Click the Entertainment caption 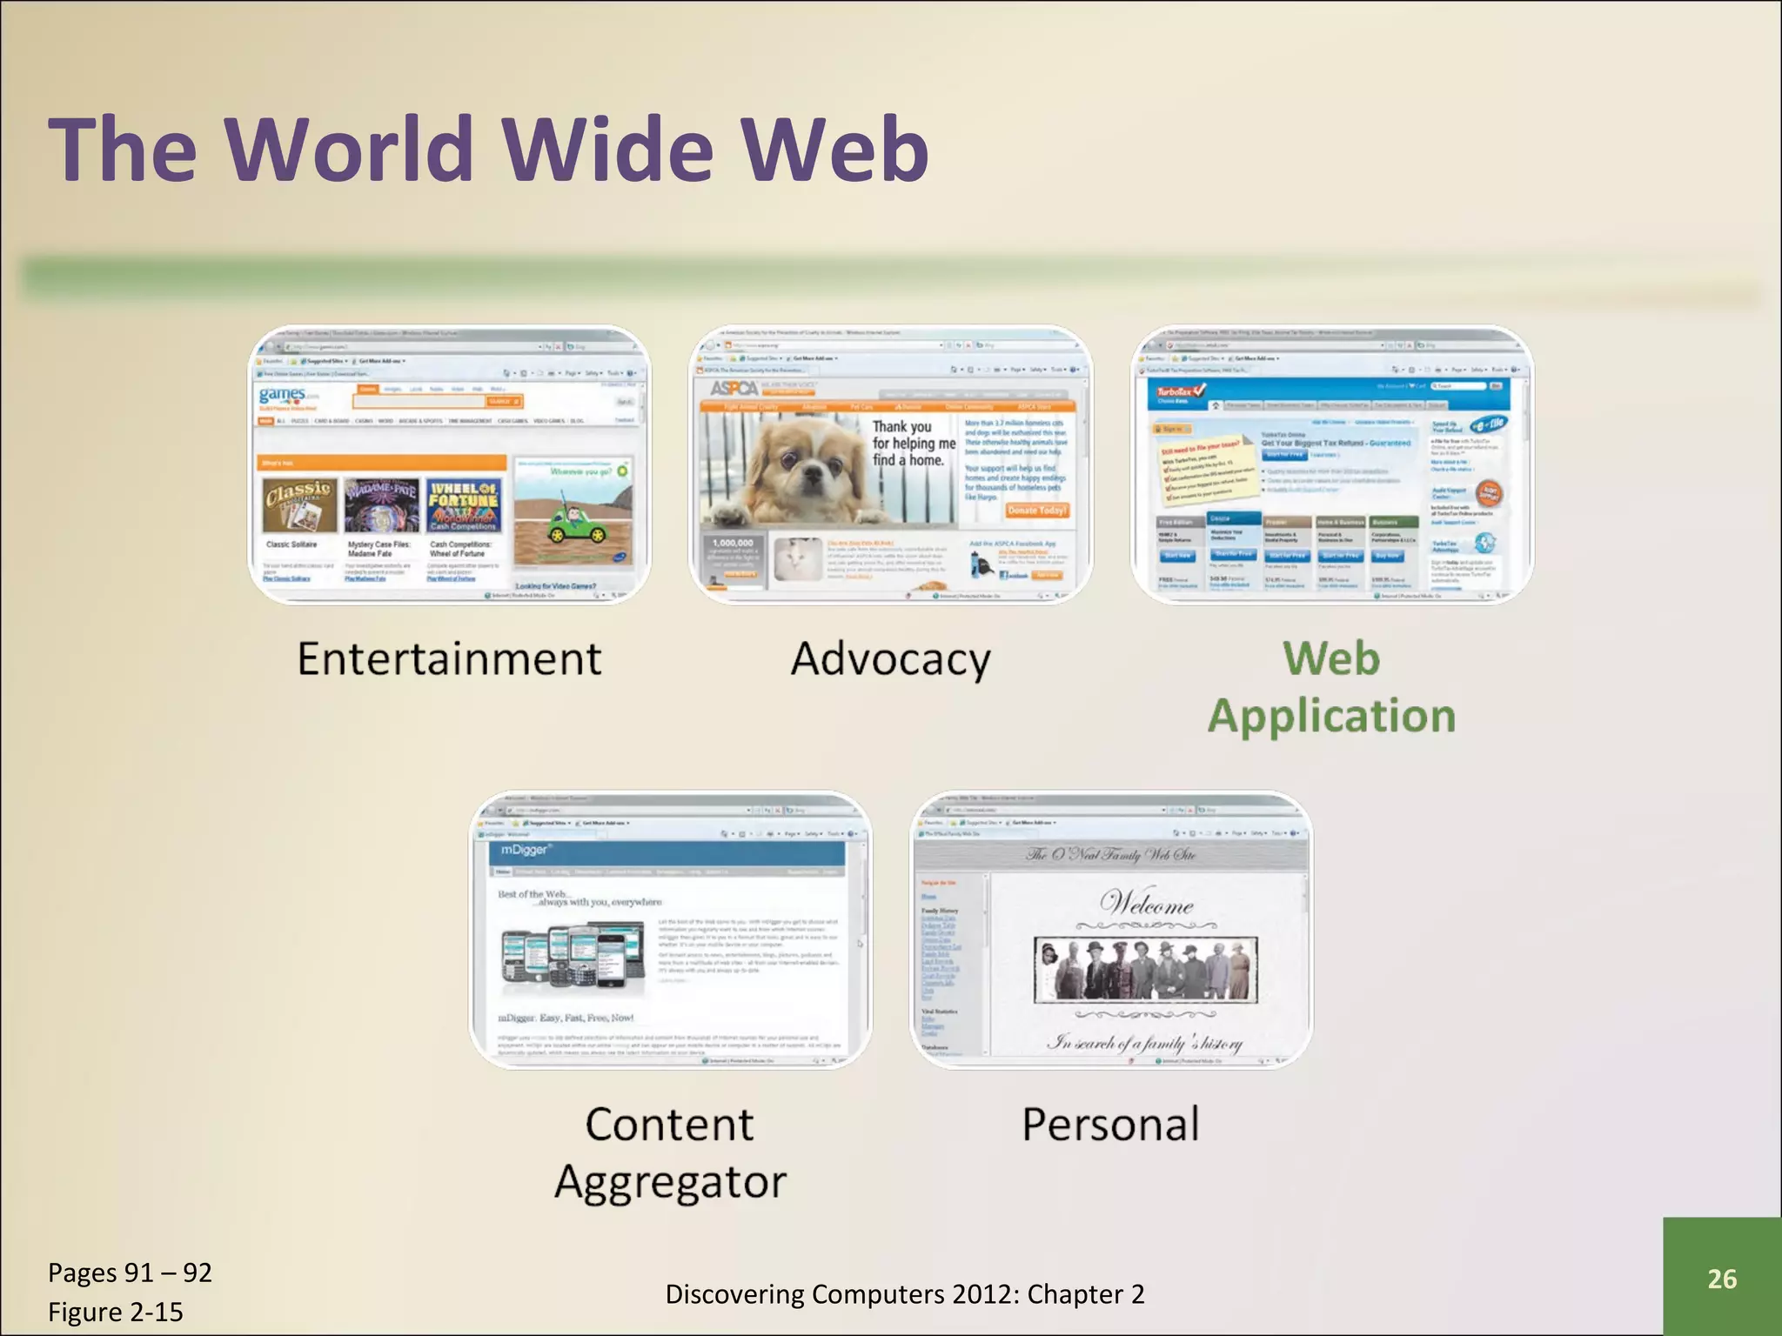tap(449, 658)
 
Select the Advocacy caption tap(890, 659)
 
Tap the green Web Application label tap(1331, 687)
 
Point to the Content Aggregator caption tap(670, 1152)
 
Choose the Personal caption tap(1110, 1124)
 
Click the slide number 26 tap(1722, 1279)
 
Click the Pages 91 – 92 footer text tap(130, 1273)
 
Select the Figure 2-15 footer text tap(116, 1312)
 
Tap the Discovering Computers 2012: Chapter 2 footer tap(905, 1294)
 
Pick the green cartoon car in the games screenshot tap(575, 522)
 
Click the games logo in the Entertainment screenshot tap(284, 396)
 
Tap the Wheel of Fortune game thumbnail tap(463, 505)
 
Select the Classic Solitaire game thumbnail tap(298, 505)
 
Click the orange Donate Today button tap(1037, 510)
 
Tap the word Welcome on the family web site tap(1146, 904)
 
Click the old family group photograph tap(1145, 969)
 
